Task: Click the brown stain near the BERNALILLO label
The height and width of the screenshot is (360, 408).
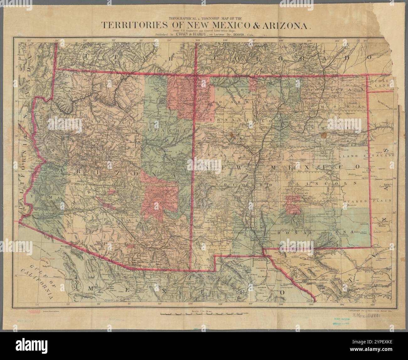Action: click(232, 136)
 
